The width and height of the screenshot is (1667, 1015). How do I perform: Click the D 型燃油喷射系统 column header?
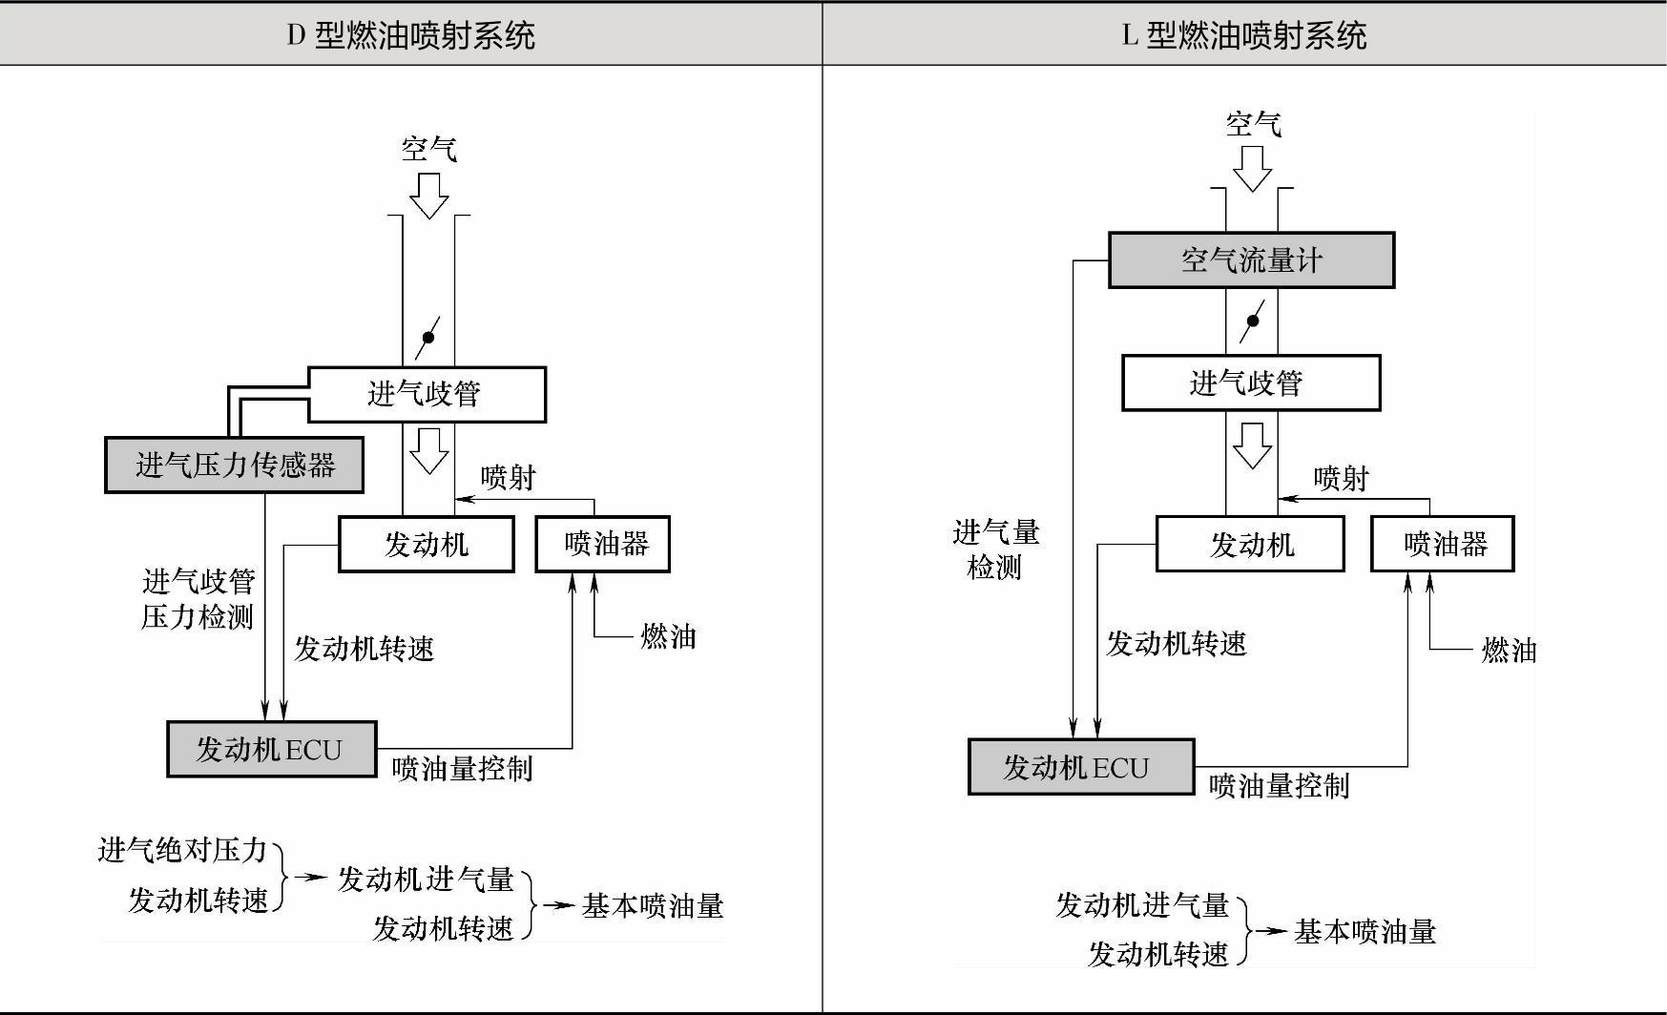pyautogui.click(x=411, y=36)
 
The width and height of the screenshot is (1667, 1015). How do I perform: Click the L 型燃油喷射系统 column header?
pyautogui.click(x=1243, y=36)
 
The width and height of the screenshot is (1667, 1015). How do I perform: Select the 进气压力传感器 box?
pyautogui.click(x=234, y=466)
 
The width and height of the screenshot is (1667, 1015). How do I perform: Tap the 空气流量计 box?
pyautogui.click(x=1251, y=259)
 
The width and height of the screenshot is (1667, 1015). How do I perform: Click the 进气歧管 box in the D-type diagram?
pyautogui.click(x=427, y=394)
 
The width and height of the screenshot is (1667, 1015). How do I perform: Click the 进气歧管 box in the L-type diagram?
pyautogui.click(x=1250, y=383)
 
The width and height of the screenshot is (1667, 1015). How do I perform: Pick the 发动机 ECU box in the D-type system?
pyautogui.click(x=272, y=750)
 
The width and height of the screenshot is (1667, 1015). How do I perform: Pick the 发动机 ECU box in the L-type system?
pyautogui.click(x=1080, y=767)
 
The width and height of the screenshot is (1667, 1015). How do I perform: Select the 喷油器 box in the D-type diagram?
pyautogui.click(x=603, y=545)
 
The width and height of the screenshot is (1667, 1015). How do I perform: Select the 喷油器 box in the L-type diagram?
pyautogui.click(x=1443, y=545)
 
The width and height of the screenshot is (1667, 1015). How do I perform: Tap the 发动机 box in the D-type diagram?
pyautogui.click(x=427, y=545)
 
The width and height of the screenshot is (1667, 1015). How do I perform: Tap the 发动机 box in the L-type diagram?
pyautogui.click(x=1250, y=545)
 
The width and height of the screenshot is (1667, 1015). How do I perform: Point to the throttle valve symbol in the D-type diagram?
pyautogui.click(x=428, y=337)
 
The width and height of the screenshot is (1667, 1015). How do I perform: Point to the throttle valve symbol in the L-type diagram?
pyautogui.click(x=1252, y=321)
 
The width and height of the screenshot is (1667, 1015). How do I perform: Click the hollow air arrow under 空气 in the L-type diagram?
pyautogui.click(x=1252, y=170)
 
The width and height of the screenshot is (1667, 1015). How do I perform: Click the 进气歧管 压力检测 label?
pyautogui.click(x=198, y=599)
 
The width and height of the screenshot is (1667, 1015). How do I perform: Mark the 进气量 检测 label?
pyautogui.click(x=995, y=549)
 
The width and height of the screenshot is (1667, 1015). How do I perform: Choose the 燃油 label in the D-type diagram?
pyautogui.click(x=668, y=636)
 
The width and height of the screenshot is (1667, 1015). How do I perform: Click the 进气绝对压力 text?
pyautogui.click(x=182, y=850)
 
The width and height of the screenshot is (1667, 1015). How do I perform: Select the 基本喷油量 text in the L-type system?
pyautogui.click(x=1365, y=931)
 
